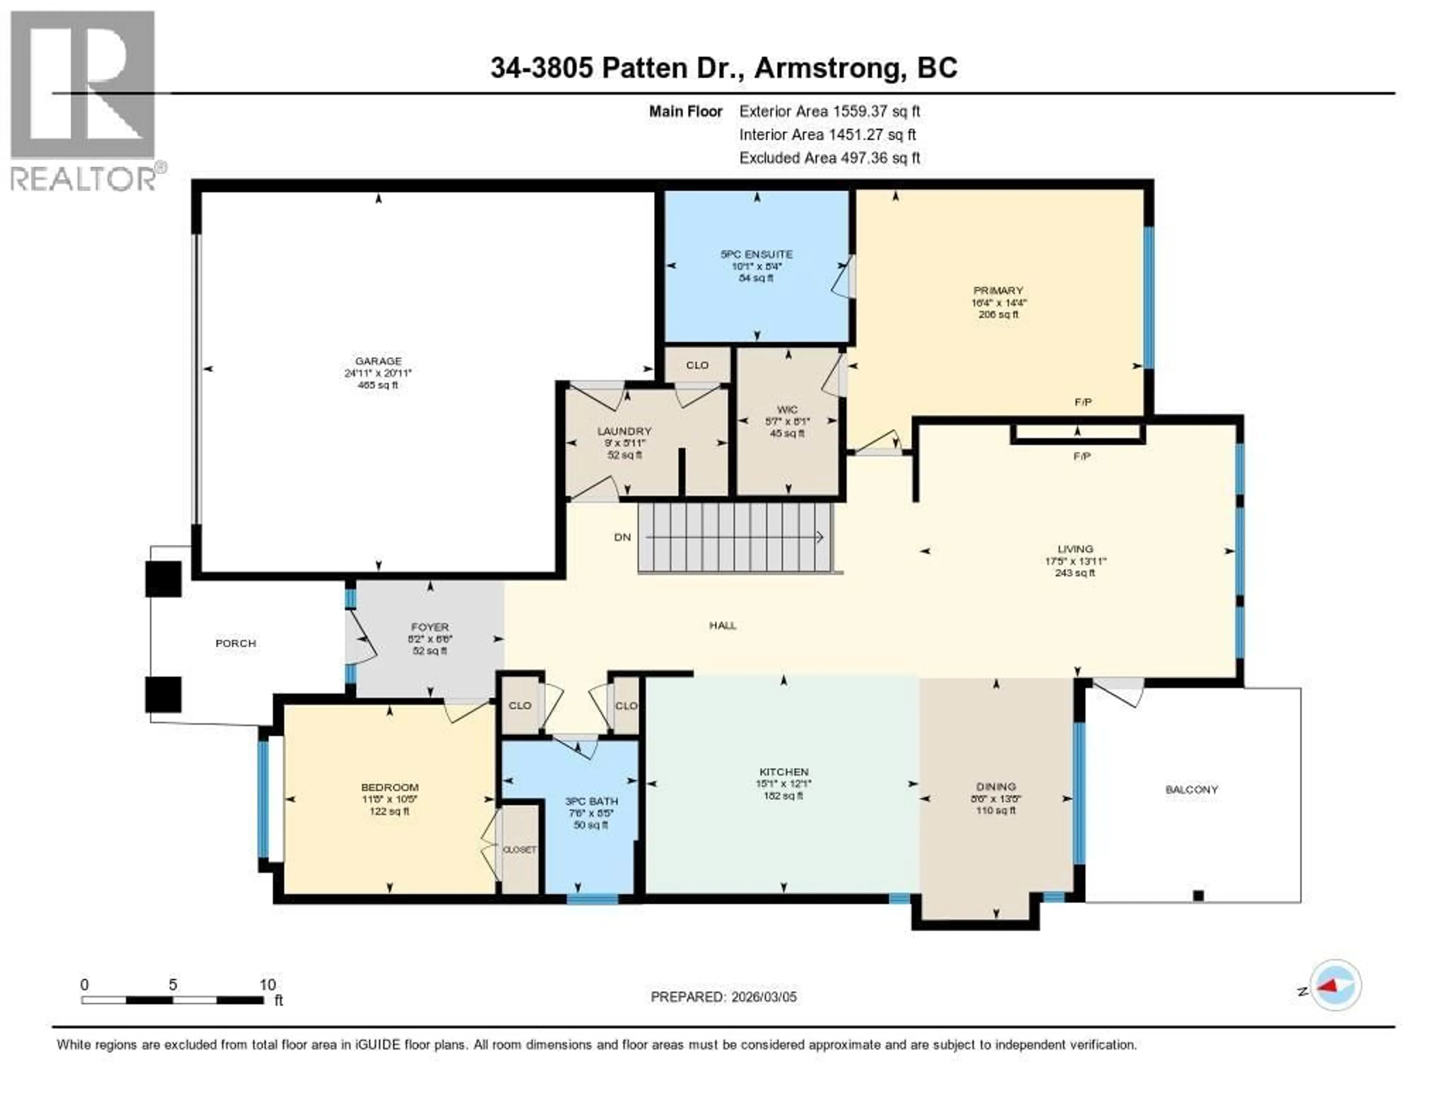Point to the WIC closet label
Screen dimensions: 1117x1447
[x=787, y=410]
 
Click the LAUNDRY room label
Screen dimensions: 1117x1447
[x=624, y=431]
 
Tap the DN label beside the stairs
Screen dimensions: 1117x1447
[x=622, y=537]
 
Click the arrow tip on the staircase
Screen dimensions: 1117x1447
[x=821, y=537]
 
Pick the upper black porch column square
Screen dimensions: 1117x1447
[x=163, y=579]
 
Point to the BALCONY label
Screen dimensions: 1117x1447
[x=1191, y=789]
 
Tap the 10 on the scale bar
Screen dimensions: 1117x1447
[x=267, y=984]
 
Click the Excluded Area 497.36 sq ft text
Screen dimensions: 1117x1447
[x=829, y=157]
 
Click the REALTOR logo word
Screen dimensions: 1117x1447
[x=83, y=178]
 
